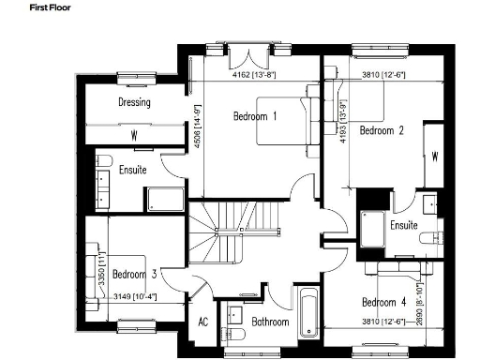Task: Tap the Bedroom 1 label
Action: [255, 117]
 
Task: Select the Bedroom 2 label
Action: [382, 131]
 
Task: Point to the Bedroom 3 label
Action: [134, 275]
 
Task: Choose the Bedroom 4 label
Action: [384, 302]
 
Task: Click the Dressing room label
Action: [135, 102]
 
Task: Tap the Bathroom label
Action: [270, 322]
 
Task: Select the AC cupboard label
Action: [202, 322]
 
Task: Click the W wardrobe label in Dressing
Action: [134, 136]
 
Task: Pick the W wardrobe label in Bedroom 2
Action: [435, 157]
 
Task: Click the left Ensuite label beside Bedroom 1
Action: [132, 171]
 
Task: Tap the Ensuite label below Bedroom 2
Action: [404, 226]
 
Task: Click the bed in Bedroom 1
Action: [292, 122]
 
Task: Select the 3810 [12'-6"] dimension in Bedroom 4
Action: [384, 322]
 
